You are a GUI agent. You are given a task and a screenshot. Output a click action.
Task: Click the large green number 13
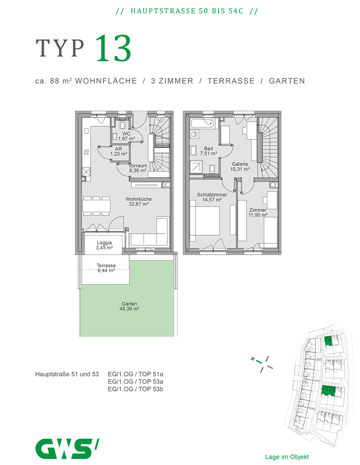[113, 48]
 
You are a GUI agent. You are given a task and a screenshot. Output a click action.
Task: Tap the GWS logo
[67, 448]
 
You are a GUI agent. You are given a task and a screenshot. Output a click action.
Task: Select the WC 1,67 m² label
[127, 136]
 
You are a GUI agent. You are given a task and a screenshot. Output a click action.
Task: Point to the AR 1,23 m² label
[119, 151]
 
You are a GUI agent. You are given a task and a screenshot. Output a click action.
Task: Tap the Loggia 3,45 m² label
[105, 245]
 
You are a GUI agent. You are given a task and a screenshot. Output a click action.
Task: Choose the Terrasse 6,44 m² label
[106, 268]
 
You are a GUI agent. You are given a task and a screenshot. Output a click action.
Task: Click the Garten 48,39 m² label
[129, 306]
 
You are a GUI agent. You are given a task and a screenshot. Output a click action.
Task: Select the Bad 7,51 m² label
[208, 151]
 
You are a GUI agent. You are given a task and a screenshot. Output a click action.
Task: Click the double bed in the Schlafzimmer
[205, 220]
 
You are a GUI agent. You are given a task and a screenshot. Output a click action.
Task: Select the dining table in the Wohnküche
[97, 206]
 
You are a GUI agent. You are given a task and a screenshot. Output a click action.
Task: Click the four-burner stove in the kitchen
[86, 152]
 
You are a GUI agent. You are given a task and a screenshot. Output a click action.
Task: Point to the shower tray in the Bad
[196, 167]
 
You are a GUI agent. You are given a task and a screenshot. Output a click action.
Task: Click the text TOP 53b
[151, 389]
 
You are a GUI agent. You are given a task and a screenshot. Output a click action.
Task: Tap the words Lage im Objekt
[287, 457]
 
